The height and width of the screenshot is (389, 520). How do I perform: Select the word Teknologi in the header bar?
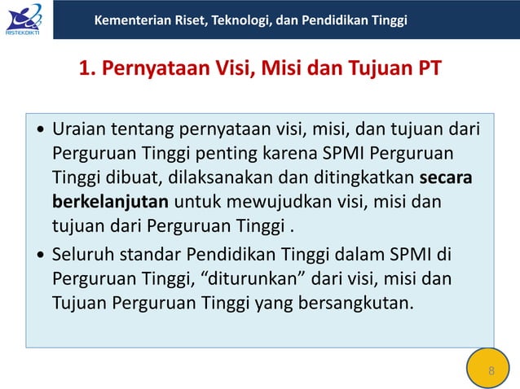pos(240,20)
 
